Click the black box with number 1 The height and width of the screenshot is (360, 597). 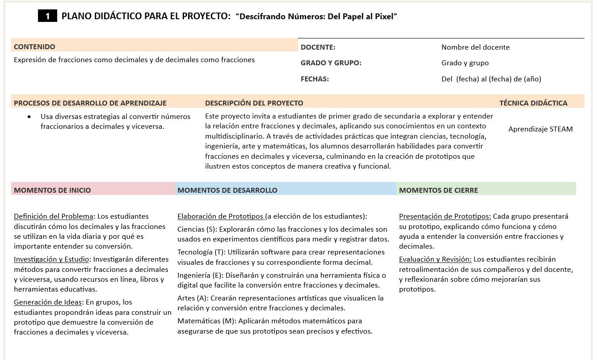click(47, 17)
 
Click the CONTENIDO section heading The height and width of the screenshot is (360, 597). click(34, 47)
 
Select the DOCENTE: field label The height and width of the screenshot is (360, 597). click(318, 47)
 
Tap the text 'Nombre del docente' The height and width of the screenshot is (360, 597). click(475, 47)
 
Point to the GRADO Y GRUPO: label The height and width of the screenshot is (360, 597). click(331, 63)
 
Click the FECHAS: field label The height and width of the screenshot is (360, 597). click(315, 79)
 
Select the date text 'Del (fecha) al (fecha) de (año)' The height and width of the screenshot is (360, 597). click(491, 79)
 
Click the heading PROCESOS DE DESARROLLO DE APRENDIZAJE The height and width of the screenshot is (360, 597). click(90, 103)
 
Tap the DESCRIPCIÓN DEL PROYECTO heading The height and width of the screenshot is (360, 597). click(254, 103)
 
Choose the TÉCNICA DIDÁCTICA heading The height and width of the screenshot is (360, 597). click(533, 103)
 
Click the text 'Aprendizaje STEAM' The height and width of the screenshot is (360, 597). click(540, 129)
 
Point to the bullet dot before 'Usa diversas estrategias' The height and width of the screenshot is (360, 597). click(29, 117)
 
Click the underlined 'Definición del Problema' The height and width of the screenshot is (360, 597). click(54, 216)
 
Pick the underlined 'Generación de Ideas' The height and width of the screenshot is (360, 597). click(48, 302)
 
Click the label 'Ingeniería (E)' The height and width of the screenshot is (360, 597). click(200, 275)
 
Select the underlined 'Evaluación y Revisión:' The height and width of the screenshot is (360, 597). click(435, 259)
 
